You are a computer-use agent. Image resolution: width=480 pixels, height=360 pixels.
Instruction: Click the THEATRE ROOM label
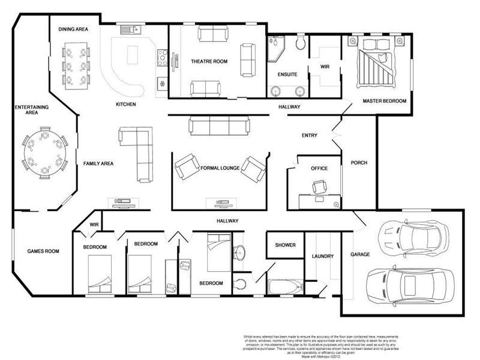click(x=209, y=61)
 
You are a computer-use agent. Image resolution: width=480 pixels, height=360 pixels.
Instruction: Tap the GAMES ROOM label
click(x=43, y=251)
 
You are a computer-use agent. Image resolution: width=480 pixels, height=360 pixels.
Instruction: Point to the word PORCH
click(x=359, y=163)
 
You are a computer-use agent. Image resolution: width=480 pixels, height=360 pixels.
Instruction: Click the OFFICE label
click(x=319, y=169)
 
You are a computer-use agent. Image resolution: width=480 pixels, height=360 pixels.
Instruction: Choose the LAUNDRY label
click(x=322, y=256)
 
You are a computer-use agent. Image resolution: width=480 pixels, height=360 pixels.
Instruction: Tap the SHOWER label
click(x=285, y=245)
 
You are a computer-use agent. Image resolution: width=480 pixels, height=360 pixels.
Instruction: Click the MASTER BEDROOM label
click(x=385, y=101)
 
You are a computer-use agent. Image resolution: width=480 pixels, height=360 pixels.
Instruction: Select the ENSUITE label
click(x=287, y=74)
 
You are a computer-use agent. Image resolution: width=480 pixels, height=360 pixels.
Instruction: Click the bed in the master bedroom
click(x=377, y=63)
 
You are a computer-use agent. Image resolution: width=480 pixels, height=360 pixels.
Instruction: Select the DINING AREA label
click(x=74, y=28)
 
